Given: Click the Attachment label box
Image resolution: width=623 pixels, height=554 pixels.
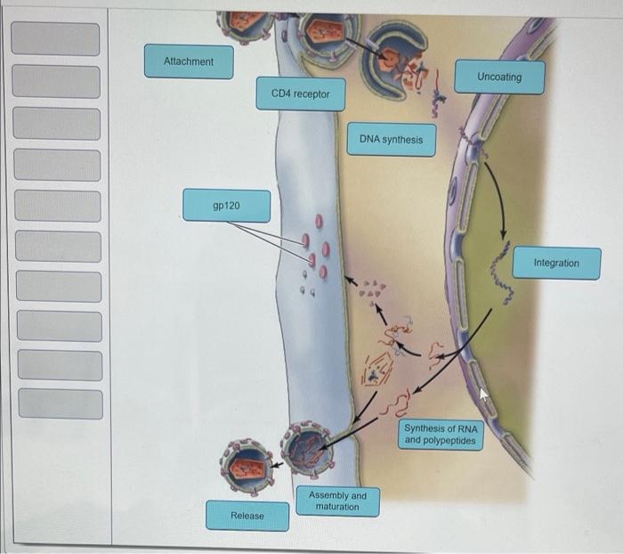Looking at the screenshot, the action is [189, 61].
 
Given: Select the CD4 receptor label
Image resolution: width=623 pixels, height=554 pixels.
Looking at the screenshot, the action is [300, 94].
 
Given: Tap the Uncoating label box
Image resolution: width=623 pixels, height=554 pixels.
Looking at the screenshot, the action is [499, 77].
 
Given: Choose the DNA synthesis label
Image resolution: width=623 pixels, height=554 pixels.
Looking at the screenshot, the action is [391, 140].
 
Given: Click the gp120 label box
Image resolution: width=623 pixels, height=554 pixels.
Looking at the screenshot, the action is [227, 206].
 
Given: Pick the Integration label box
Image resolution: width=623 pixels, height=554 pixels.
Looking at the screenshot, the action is [556, 264].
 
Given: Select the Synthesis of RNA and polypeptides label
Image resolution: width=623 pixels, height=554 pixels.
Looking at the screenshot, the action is [440, 435].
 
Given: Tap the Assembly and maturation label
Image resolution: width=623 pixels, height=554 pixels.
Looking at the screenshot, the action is [337, 501].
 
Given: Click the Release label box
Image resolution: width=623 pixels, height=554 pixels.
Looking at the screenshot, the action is [247, 516].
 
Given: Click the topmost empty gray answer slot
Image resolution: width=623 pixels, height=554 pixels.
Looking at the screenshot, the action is [56, 39].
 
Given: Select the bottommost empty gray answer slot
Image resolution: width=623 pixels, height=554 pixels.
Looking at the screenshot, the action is [61, 403].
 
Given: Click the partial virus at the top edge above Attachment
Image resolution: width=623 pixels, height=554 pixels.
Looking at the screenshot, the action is [244, 24].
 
